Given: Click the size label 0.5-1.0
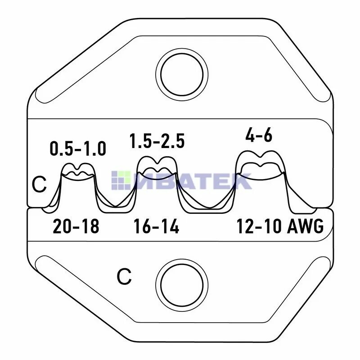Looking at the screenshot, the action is pos(78,149).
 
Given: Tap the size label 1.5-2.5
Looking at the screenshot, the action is pos(157,141).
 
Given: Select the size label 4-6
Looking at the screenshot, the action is pos(259,135).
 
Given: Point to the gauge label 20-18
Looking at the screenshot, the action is pos(76,226).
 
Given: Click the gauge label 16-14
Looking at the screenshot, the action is pos(156,226).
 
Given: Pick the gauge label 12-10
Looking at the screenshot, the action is pos(259,226).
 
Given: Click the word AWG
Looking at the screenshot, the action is pos(306,226).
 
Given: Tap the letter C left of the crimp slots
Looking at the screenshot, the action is pos(39,184).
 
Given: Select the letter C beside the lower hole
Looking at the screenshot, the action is pos(124,277).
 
